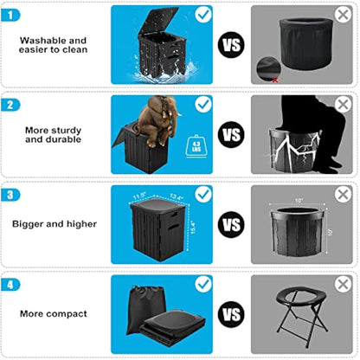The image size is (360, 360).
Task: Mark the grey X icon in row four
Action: click(x=342, y=285)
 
